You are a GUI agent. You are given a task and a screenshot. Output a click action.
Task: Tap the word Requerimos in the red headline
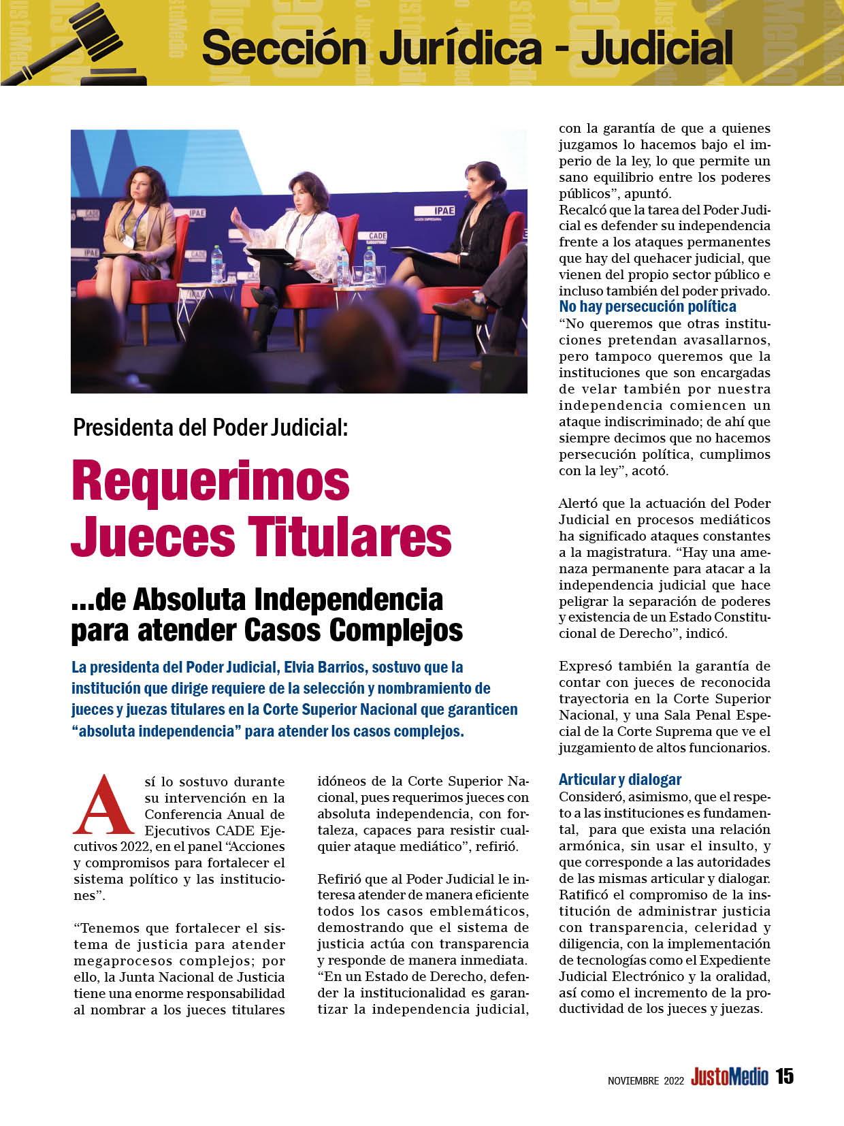(x=210, y=481)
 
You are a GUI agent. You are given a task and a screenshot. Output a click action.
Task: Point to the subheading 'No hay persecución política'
(x=647, y=306)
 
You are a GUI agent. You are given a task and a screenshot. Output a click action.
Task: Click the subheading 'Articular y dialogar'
(x=619, y=779)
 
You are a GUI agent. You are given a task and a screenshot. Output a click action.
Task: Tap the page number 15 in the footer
(x=785, y=1077)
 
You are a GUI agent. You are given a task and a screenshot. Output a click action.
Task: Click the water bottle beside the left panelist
(x=217, y=257)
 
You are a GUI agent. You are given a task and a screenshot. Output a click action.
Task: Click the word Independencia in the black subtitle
(x=347, y=600)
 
